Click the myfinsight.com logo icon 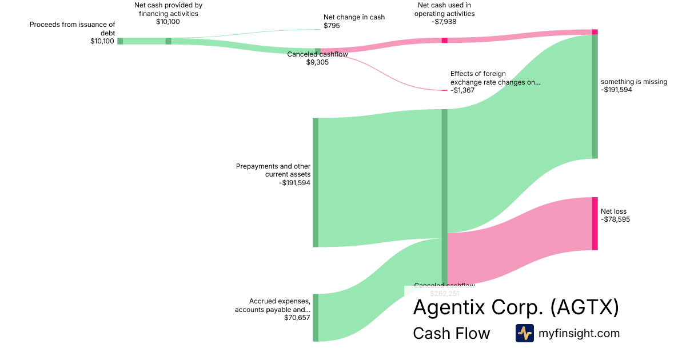tap(524, 333)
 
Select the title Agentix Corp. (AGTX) tap(516, 307)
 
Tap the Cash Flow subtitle tap(451, 334)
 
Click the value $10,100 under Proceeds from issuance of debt tap(102, 41)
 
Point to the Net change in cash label tap(354, 17)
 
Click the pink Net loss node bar tap(595, 223)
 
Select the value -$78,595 tap(615, 219)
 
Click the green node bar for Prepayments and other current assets tap(315, 182)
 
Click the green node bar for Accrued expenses tap(315, 318)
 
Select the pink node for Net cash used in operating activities tap(444, 41)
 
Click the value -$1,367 tap(462, 90)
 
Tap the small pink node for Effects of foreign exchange tap(444, 90)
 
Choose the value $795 tap(332, 26)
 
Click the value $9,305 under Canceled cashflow tap(317, 62)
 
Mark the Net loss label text tap(613, 211)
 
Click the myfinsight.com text tap(579, 333)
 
